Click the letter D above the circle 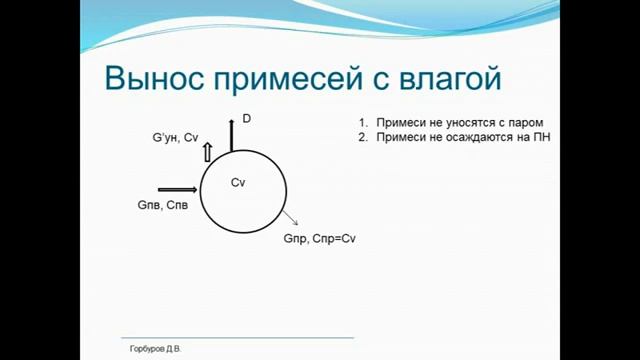(246, 119)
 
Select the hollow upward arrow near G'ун (208, 151)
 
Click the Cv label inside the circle (238, 183)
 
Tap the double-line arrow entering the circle (178, 188)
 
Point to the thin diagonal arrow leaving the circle (289, 219)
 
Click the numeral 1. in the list (364, 122)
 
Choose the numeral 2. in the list (364, 137)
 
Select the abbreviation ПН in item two (542, 137)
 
